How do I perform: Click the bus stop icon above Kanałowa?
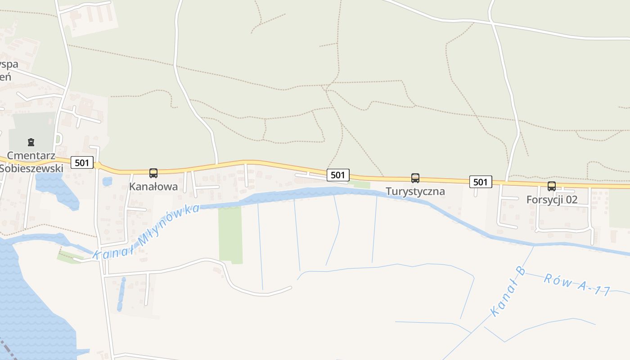coord(153,173)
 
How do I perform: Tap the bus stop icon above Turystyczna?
coord(415,178)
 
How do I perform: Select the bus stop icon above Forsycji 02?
coord(552,186)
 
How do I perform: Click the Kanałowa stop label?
coord(153,186)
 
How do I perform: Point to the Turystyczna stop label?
coord(415,191)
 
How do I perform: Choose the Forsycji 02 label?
coord(552,199)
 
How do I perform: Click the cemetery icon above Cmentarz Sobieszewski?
coord(31,142)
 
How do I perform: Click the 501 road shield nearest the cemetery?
coord(82,162)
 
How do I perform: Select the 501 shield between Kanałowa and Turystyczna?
coord(337,175)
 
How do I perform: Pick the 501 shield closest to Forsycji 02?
coord(481,182)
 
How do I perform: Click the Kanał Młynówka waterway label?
coord(146,232)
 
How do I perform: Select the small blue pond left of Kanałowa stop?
coord(107,181)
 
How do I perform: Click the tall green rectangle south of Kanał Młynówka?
coord(230,234)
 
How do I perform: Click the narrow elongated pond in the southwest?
coord(121,294)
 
